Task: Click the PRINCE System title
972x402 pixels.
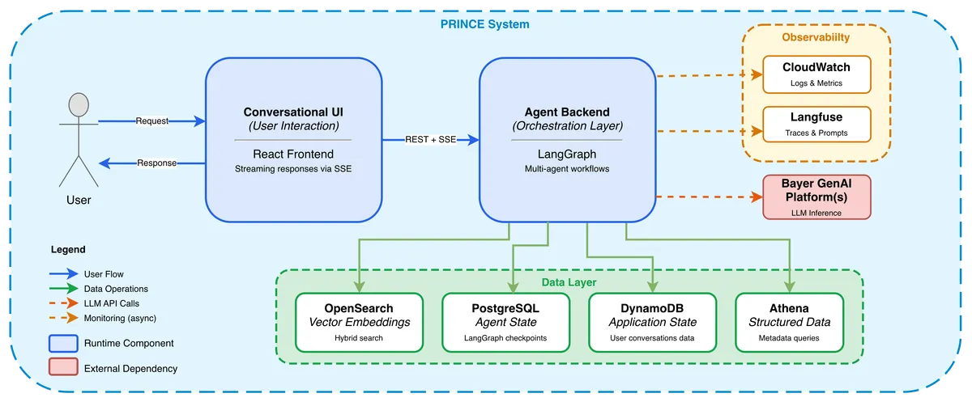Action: pyautogui.click(x=484, y=24)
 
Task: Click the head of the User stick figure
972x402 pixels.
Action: pyautogui.click(x=79, y=105)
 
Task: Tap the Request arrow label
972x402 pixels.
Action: pyautogui.click(x=152, y=121)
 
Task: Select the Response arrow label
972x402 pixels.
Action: pyautogui.click(x=156, y=163)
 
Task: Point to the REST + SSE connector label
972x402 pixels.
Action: pyautogui.click(x=430, y=139)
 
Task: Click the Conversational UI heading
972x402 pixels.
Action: pyautogui.click(x=293, y=112)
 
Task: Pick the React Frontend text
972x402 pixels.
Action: pyautogui.click(x=293, y=154)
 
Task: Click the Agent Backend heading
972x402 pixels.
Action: pyautogui.click(x=567, y=112)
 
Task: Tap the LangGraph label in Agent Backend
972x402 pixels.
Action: pyautogui.click(x=567, y=154)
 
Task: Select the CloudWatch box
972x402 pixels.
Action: pyautogui.click(x=816, y=74)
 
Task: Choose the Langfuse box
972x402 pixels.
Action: pyautogui.click(x=816, y=125)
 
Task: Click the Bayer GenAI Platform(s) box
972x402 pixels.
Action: pyautogui.click(x=816, y=197)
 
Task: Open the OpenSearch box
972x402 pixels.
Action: pyautogui.click(x=359, y=322)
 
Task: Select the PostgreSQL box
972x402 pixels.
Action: pyautogui.click(x=505, y=322)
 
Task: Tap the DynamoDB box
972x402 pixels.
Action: pyautogui.click(x=652, y=322)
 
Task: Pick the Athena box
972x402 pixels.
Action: pyautogui.click(x=789, y=322)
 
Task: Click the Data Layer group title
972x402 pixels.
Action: pyautogui.click(x=569, y=282)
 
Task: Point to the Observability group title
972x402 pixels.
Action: pyautogui.click(x=816, y=37)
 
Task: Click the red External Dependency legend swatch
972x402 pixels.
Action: pyautogui.click(x=63, y=366)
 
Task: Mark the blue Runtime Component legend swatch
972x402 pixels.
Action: pyautogui.click(x=63, y=343)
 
